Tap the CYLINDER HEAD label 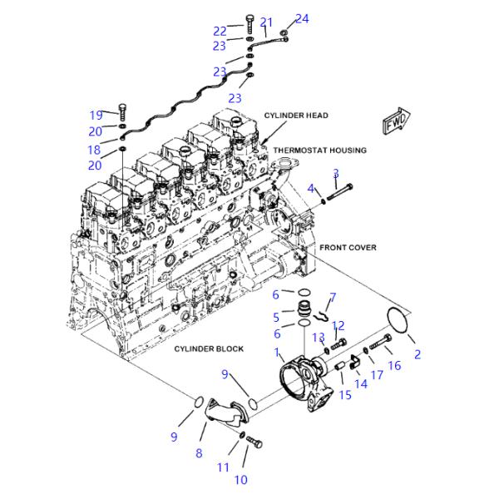click(x=296, y=115)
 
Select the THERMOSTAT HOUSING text click(x=320, y=151)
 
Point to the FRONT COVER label click(x=348, y=247)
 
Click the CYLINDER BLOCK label click(x=209, y=348)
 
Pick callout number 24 click(x=302, y=18)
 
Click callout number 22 click(x=220, y=31)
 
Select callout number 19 click(x=96, y=115)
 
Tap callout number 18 click(x=94, y=151)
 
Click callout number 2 click(x=417, y=354)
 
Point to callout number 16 click(x=394, y=365)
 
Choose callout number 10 click(x=240, y=479)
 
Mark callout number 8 click(x=199, y=452)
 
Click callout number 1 click(x=278, y=353)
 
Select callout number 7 click(x=333, y=296)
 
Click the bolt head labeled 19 click(x=122, y=109)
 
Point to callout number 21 click(x=266, y=22)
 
